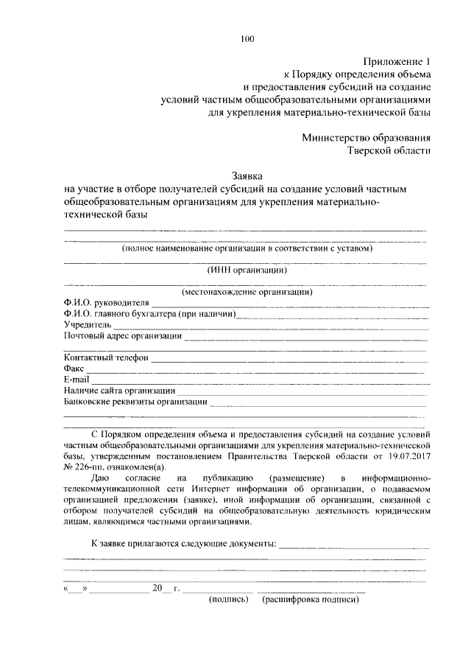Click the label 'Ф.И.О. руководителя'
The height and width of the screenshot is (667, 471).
(x=107, y=303)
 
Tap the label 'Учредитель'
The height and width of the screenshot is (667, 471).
(x=88, y=325)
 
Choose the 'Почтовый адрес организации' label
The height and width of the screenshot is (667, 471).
(x=123, y=336)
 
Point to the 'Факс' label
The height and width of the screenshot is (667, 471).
(x=74, y=369)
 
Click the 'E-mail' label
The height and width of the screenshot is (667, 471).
(x=77, y=380)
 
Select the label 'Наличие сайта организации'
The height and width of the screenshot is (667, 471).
(x=119, y=391)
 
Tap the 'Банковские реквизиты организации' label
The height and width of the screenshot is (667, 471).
(x=135, y=402)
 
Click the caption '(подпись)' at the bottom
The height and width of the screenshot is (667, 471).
(x=230, y=601)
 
